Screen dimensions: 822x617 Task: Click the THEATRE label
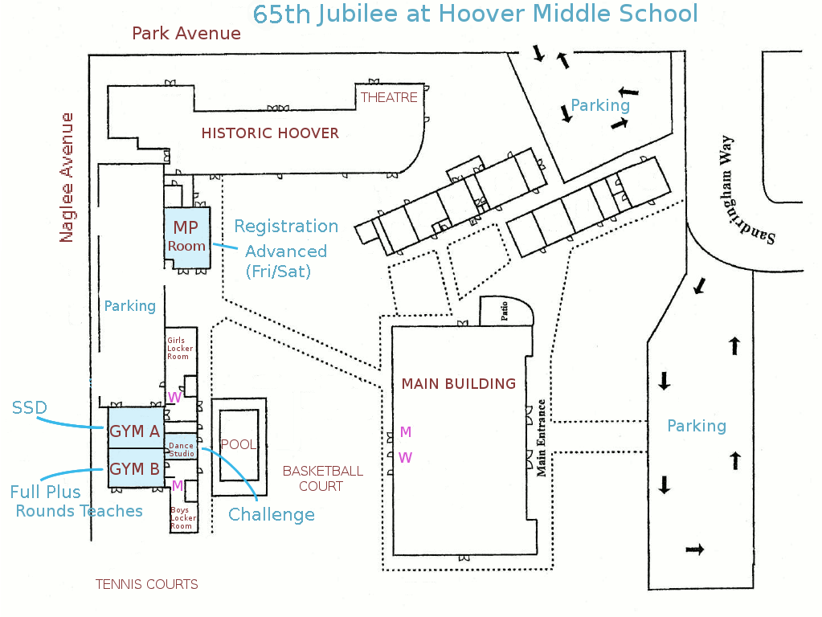389,97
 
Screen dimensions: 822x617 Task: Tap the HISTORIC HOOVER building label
270,133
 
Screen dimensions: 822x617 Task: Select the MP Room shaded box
187,238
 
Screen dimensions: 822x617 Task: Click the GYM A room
136,427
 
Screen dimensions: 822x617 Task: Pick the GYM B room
136,468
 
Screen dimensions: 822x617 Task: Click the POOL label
239,444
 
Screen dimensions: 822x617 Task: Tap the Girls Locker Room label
180,348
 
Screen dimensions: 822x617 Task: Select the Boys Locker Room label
183,518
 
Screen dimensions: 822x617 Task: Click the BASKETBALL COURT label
322,479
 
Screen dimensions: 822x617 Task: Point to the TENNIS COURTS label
147,585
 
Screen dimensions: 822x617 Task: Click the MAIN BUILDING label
459,384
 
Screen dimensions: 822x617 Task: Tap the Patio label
505,310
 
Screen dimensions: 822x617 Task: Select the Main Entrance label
541,438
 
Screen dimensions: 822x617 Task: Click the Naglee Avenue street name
67,178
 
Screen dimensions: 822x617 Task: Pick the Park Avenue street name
186,34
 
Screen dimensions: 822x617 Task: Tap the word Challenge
272,515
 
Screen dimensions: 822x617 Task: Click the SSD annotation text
30,407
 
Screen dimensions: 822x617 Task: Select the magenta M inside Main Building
405,432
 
